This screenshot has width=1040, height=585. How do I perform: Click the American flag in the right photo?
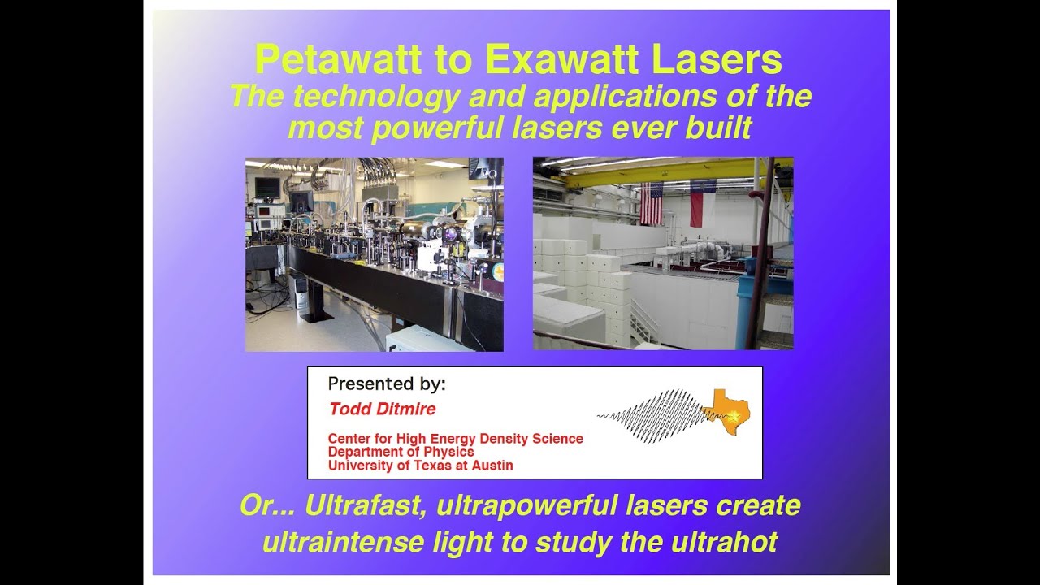pyautogui.click(x=652, y=203)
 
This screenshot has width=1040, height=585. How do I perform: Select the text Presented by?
pyautogui.click(x=387, y=383)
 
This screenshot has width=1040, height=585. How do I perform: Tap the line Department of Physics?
pyautogui.click(x=401, y=452)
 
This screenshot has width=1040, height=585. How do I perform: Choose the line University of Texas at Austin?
pyautogui.click(x=420, y=466)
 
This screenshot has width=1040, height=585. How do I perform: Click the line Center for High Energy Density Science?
pyautogui.click(x=455, y=438)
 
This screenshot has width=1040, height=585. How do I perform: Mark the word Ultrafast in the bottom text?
pyautogui.click(x=366, y=505)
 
